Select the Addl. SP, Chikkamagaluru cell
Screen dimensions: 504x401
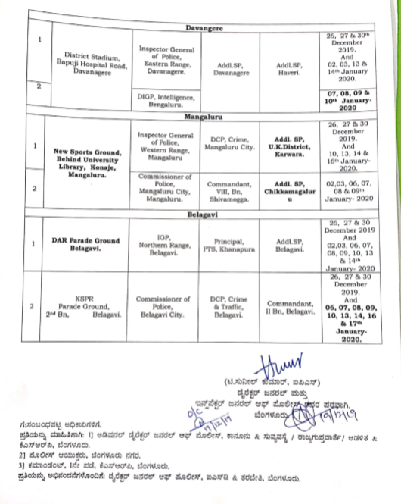click(x=288, y=187)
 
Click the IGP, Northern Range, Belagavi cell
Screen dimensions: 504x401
click(x=167, y=243)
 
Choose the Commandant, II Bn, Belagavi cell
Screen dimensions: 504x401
click(x=288, y=306)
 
